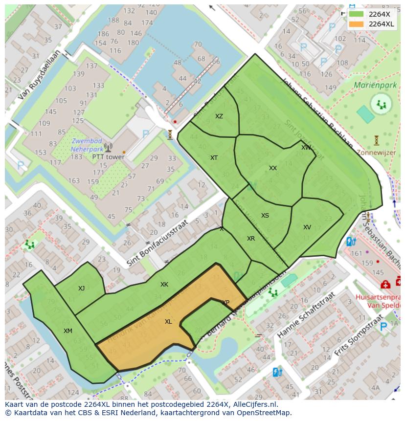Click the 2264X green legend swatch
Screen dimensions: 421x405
tap(356, 14)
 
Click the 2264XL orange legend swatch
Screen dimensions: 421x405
tap(356, 24)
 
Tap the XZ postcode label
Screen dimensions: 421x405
tap(219, 116)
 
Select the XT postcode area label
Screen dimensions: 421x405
tap(214, 158)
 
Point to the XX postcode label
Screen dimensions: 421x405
tap(273, 168)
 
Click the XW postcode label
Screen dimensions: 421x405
tap(306, 148)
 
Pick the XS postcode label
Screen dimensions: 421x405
tap(265, 216)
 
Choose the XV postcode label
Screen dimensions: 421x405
tap(307, 227)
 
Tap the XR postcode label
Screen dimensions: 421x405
tap(251, 239)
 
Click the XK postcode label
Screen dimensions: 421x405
tap(164, 285)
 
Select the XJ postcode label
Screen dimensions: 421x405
tap(81, 288)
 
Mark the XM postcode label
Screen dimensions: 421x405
tap(68, 331)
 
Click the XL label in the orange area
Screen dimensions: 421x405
tap(168, 322)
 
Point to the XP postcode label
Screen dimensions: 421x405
tap(225, 303)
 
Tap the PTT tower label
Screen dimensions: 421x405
tap(108, 157)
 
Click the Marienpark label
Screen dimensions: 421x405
tap(375, 85)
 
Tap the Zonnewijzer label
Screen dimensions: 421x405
tap(377, 153)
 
